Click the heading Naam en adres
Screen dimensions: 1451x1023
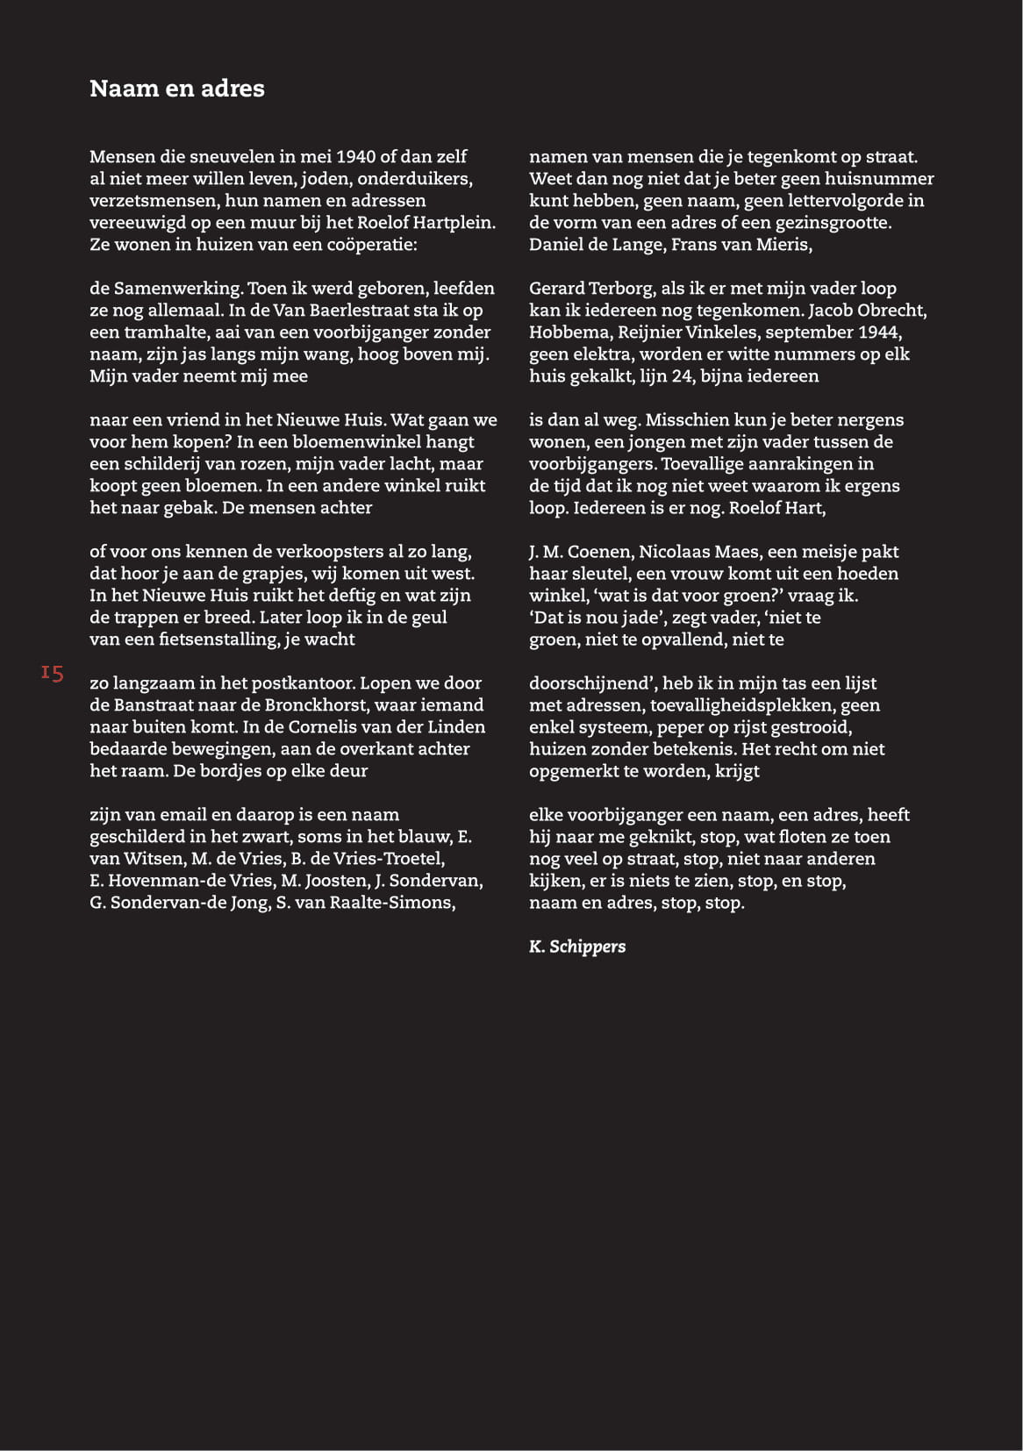point(176,89)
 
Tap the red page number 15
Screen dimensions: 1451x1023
point(52,674)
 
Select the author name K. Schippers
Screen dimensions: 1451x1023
point(577,947)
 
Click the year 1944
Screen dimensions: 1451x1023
point(881,332)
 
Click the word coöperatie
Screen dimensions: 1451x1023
point(370,245)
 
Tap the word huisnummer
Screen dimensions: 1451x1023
point(880,179)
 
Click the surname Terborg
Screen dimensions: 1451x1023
point(619,289)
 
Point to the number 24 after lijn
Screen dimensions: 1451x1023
point(681,376)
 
